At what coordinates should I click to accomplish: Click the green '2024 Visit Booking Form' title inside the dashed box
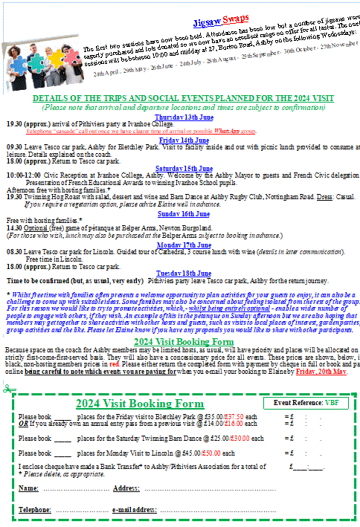pos(129,404)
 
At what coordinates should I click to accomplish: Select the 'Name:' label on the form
pos(28,488)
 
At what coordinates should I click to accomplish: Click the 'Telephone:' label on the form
pos(34,510)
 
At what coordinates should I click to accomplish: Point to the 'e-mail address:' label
pos(133,510)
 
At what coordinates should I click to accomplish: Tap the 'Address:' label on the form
pos(126,488)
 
